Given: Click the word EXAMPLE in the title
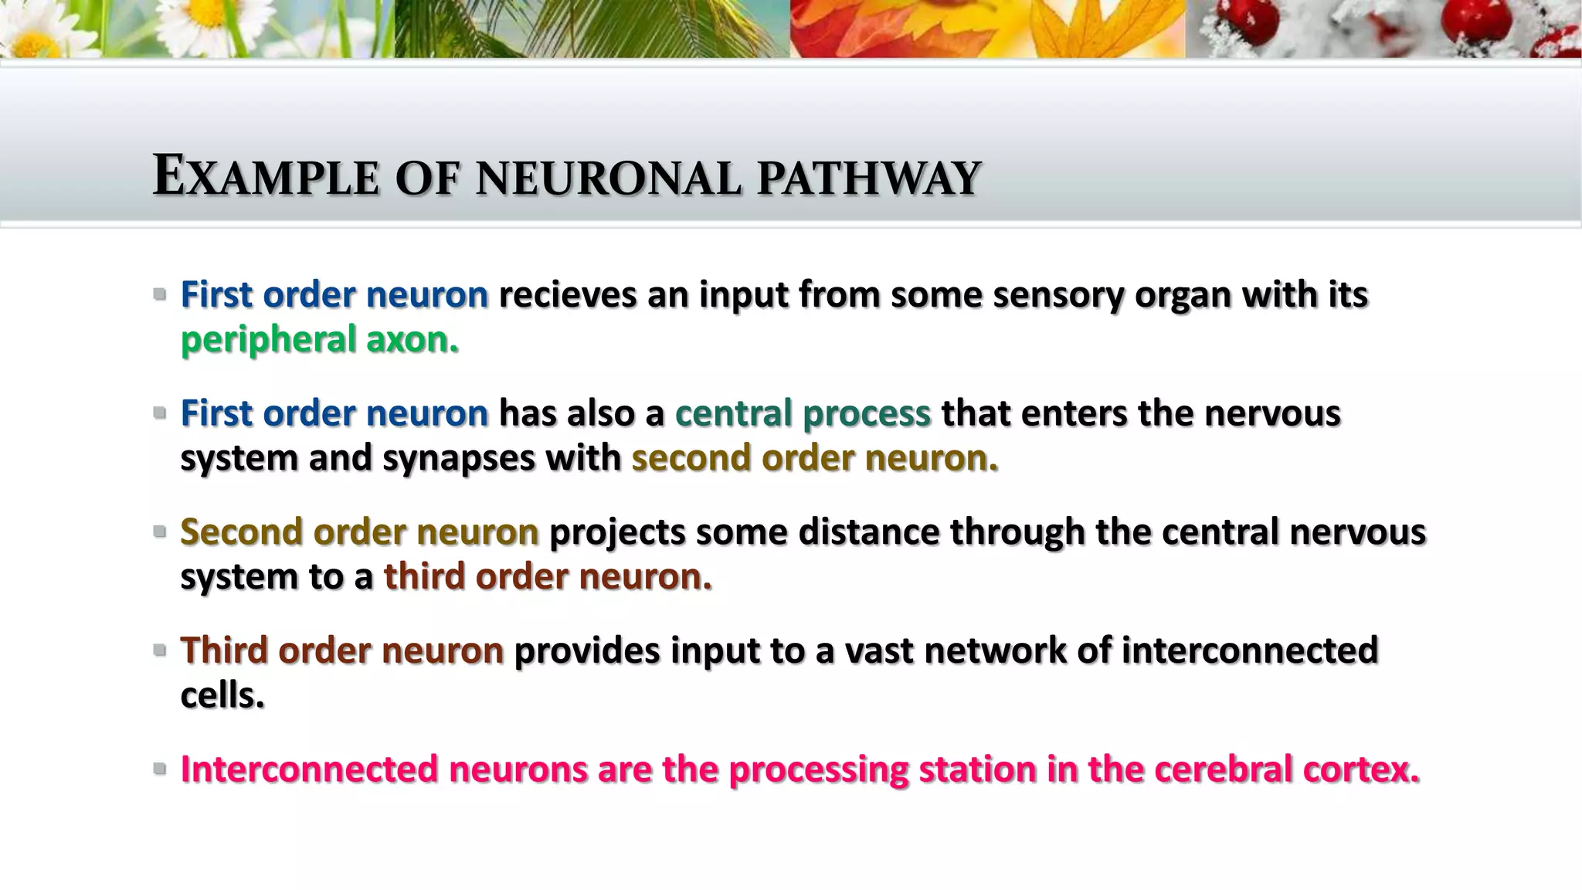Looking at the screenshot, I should click(x=266, y=177).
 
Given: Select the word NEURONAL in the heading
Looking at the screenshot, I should click(x=609, y=178).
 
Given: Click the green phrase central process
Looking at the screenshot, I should click(x=803, y=413).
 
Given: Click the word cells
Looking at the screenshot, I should click(x=222, y=695).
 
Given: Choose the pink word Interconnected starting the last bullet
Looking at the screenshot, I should click(x=309, y=769).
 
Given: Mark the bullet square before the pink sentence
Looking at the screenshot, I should click(x=160, y=769).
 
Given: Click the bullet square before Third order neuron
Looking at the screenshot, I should click(x=160, y=651).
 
